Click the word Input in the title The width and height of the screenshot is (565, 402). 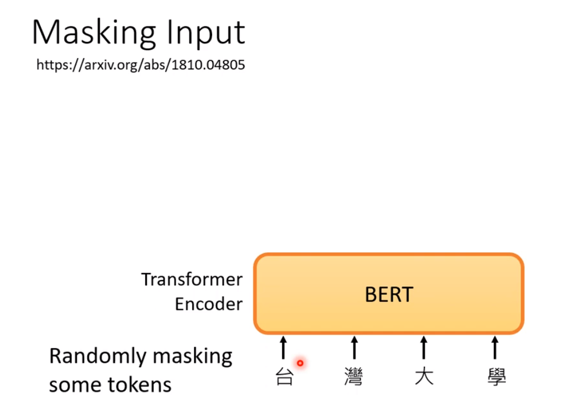(x=209, y=33)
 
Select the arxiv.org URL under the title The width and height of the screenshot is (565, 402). (x=141, y=65)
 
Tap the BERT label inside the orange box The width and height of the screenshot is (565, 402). (x=389, y=294)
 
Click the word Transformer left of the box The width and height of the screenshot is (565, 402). (x=192, y=280)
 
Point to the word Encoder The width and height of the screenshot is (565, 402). (x=209, y=304)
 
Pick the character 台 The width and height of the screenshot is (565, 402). (x=284, y=377)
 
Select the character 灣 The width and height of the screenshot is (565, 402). (x=353, y=377)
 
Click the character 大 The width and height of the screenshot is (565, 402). (x=424, y=377)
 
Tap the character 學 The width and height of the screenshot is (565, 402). (x=495, y=377)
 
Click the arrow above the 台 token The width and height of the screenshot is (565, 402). (x=284, y=348)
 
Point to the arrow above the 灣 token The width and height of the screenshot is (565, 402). (x=353, y=348)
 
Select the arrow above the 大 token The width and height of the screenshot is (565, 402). (x=424, y=348)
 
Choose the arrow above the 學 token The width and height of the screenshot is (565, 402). (x=495, y=348)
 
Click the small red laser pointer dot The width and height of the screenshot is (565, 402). (x=300, y=363)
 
